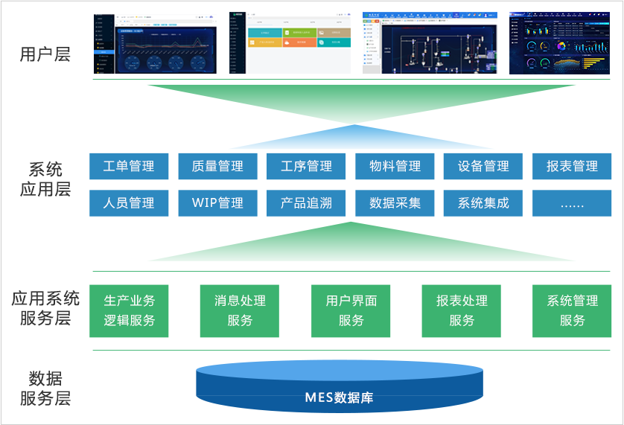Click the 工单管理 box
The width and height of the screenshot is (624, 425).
[x=129, y=166]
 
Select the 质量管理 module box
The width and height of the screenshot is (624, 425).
[x=217, y=166]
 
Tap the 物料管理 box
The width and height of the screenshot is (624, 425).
[x=395, y=166]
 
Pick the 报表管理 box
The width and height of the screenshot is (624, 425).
[x=572, y=166]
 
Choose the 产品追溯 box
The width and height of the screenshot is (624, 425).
[x=306, y=202]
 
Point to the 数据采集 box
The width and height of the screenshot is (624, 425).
[x=395, y=202]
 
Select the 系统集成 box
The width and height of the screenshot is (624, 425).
[x=483, y=202]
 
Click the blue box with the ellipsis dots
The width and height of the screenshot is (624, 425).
[x=572, y=202]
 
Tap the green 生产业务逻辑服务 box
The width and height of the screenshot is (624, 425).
[x=130, y=310]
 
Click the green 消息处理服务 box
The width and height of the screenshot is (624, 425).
[x=240, y=310]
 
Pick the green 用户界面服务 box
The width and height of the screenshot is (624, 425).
[x=351, y=310]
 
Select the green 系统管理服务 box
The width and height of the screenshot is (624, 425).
[x=572, y=310]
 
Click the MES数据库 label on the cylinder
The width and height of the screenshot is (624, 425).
[x=339, y=397]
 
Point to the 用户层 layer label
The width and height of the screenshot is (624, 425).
[x=45, y=54]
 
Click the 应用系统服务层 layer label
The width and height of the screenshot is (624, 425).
[x=45, y=309]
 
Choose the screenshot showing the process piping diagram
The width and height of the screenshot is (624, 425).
[x=430, y=42]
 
